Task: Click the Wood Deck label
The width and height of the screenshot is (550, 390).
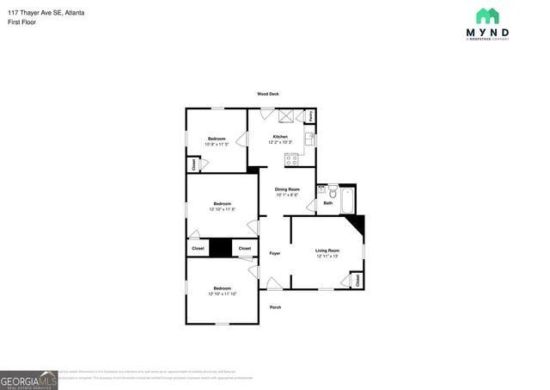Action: click(267, 94)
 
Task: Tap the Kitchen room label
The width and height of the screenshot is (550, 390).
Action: click(280, 137)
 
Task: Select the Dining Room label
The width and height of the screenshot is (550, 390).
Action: click(287, 189)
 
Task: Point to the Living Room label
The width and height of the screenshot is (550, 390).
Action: click(327, 251)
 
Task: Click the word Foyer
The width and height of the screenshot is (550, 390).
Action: click(275, 253)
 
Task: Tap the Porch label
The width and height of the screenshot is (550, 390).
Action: click(275, 307)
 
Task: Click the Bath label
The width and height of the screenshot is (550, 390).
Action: click(328, 203)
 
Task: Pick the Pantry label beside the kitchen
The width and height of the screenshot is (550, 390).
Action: click(311, 115)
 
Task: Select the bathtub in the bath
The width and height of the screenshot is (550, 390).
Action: click(346, 200)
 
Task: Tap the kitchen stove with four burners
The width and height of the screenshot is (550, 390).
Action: click(291, 158)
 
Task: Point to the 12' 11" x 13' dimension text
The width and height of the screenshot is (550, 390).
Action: click(327, 257)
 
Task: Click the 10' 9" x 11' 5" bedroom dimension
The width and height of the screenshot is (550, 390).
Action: click(217, 144)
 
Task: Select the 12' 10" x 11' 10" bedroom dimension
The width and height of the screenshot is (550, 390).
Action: click(222, 294)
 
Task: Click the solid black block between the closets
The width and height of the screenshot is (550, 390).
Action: click(222, 248)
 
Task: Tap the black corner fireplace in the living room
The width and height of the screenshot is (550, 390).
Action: click(357, 226)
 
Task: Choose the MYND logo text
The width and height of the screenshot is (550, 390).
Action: click(487, 32)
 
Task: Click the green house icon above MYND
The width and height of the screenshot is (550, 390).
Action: click(487, 15)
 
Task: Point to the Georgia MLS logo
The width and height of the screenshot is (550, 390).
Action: click(28, 380)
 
